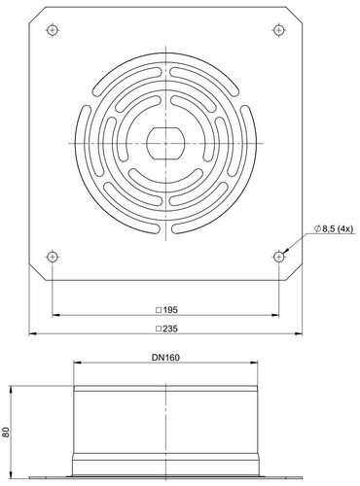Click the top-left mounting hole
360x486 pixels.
tap(53, 30)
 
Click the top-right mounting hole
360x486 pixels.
tap(278, 30)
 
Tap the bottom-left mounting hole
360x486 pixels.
tap(53, 257)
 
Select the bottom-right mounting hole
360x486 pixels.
tap(278, 257)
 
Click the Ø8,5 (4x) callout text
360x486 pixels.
tap(334, 228)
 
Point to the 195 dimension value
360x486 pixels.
tap(170, 310)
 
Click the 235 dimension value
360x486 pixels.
tap(170, 329)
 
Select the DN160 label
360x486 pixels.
tap(165, 358)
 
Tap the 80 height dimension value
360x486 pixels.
tap(6, 432)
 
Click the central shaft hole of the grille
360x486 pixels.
tap(165, 143)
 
